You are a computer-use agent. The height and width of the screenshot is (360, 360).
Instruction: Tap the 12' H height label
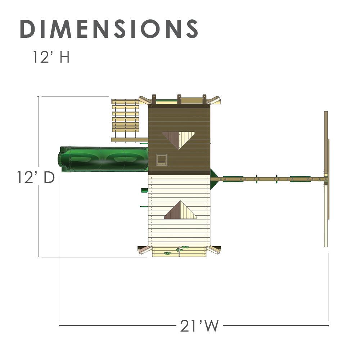pos(51,57)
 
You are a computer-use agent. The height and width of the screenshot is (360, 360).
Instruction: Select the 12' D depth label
pos(35,177)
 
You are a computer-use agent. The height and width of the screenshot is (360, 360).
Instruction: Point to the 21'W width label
pos(199,326)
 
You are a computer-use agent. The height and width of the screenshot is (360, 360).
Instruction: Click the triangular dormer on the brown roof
pos(179,139)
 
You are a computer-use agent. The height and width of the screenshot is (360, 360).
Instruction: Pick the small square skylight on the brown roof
pos(161,160)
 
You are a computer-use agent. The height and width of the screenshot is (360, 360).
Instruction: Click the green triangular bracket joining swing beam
pos(214,179)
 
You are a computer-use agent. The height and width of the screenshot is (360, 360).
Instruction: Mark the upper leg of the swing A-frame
pos(326,142)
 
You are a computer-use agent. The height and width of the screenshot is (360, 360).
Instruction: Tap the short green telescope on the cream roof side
pos(144,190)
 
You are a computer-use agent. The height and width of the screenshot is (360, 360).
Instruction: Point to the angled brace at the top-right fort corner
pos(215,100)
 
